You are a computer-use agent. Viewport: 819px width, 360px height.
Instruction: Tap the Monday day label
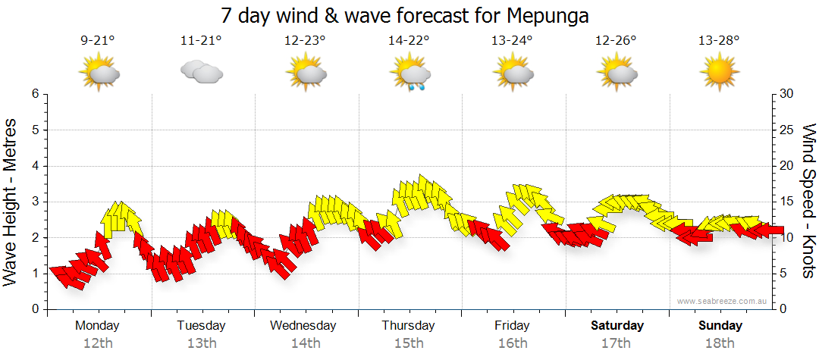coord(97,326)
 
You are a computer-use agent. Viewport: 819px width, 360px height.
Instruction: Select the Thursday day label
coord(408,326)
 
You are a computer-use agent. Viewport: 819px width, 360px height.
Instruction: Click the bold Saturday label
coord(617,326)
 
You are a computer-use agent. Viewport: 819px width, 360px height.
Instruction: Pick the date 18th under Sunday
coord(720,343)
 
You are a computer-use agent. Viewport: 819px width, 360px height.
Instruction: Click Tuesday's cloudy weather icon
coord(201,72)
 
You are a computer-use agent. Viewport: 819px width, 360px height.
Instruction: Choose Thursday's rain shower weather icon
coord(409,74)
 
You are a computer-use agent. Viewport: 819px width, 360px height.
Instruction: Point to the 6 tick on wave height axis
coord(35,94)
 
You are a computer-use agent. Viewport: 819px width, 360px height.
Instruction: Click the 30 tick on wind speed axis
coord(786,94)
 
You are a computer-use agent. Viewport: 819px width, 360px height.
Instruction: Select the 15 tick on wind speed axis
coord(786,202)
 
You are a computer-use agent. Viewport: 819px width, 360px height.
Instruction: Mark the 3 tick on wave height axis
coord(35,202)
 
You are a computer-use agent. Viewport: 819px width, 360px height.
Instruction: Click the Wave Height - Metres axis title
coord(11,202)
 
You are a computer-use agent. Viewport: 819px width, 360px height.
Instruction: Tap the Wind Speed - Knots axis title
coord(808,202)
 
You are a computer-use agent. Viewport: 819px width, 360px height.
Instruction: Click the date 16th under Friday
coord(512,343)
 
